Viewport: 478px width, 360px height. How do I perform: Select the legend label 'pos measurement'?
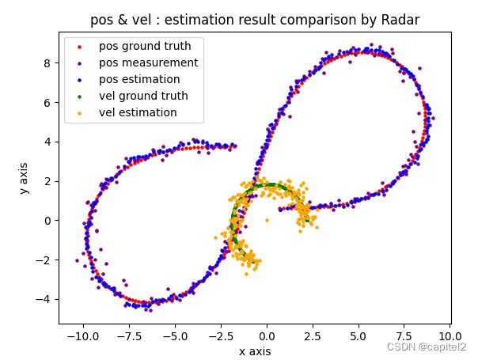point(148,63)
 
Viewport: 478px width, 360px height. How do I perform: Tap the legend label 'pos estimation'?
point(139,79)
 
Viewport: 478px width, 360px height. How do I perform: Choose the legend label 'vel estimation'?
point(138,112)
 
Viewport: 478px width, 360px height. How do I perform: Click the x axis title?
point(255,351)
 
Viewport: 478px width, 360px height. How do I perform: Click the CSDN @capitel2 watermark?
point(426,347)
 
